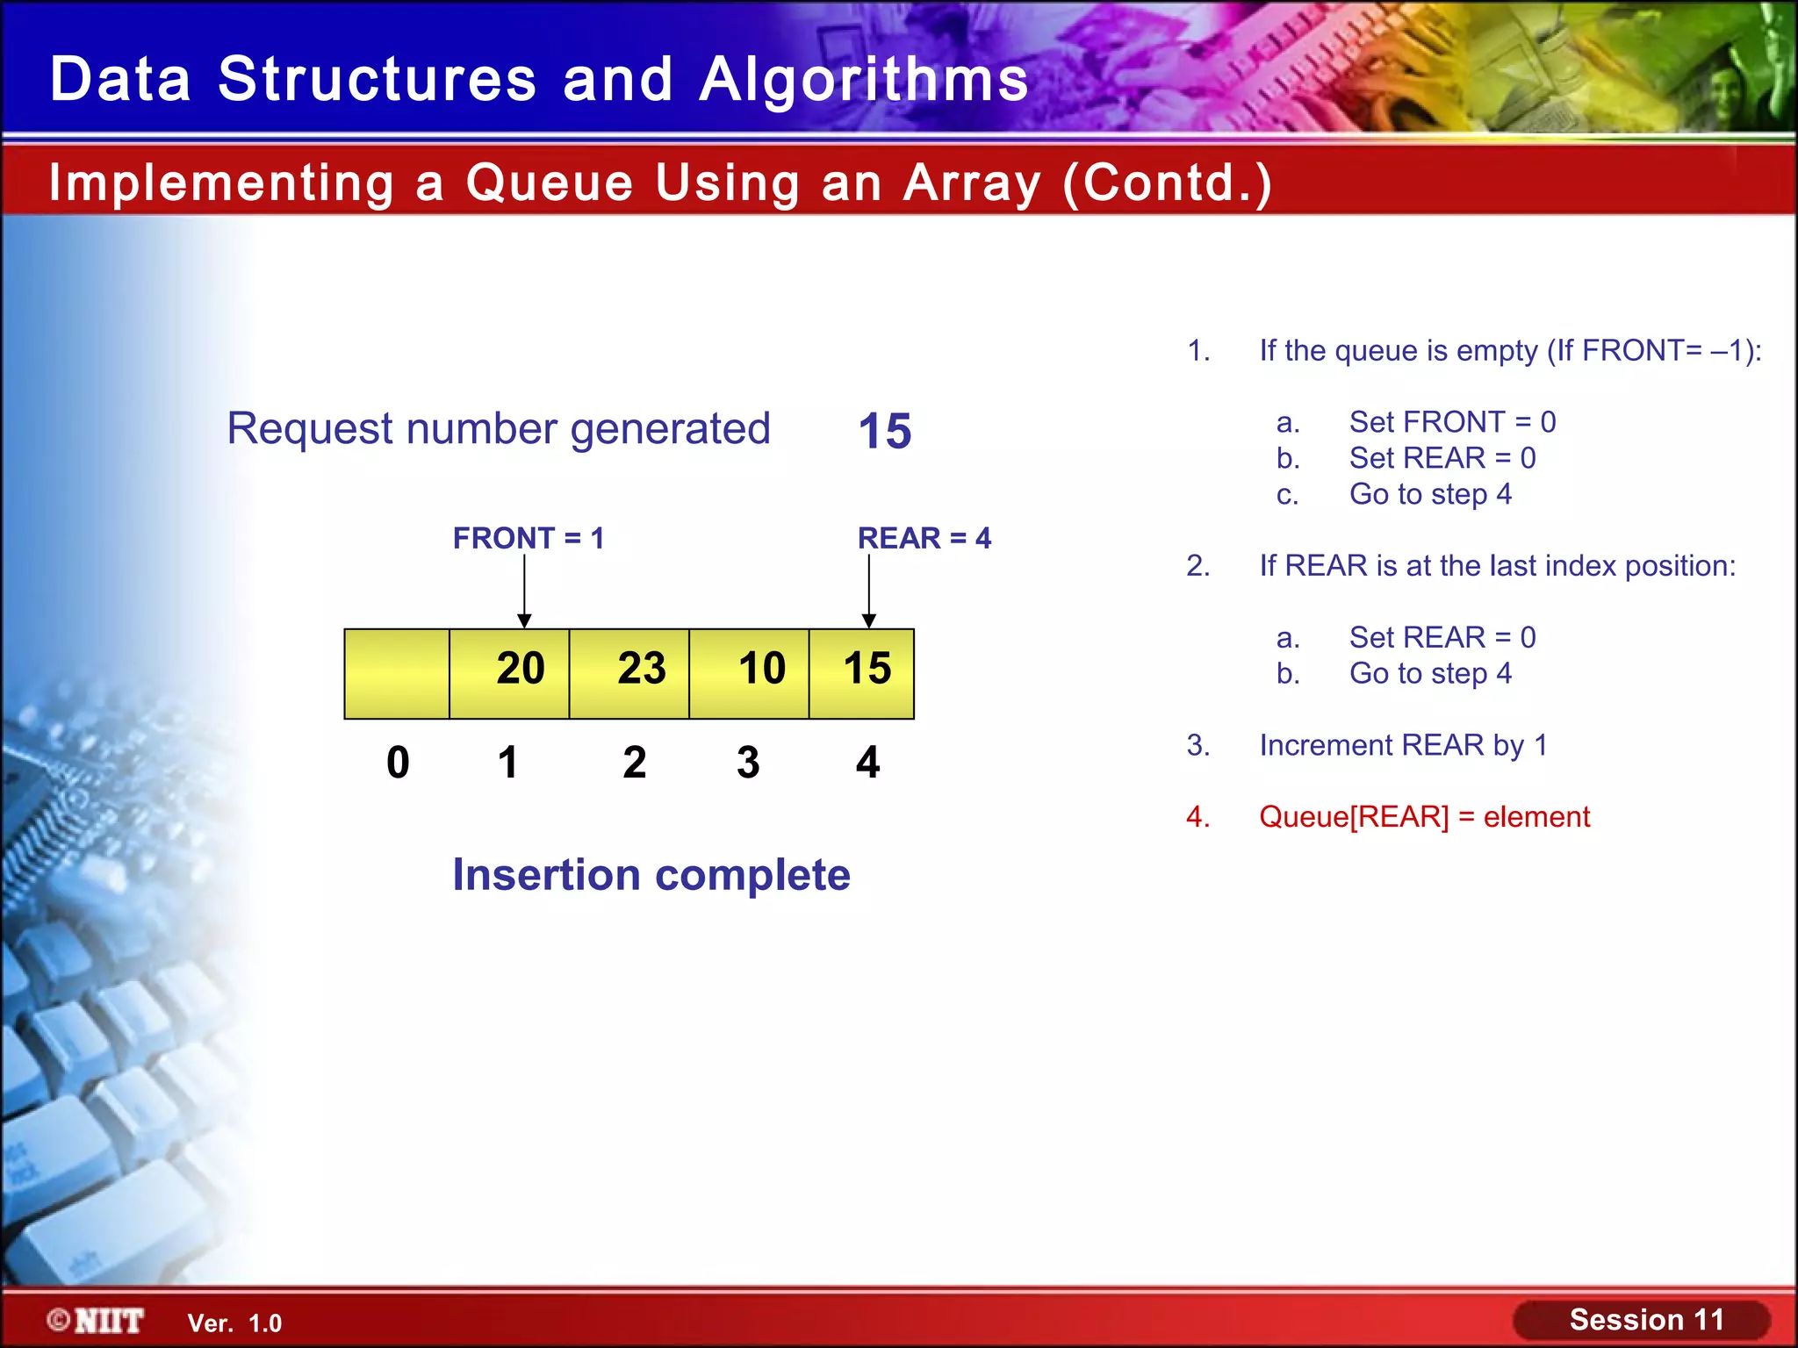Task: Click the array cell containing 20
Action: (x=510, y=673)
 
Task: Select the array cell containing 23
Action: (x=629, y=673)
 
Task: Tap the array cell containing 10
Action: (x=749, y=673)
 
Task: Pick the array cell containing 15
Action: (x=862, y=673)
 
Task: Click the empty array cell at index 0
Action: (x=397, y=673)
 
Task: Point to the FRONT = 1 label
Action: (x=529, y=538)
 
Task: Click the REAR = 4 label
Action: (x=924, y=538)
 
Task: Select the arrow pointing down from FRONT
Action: (x=524, y=591)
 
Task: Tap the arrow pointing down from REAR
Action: (x=869, y=591)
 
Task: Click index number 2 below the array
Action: (x=635, y=762)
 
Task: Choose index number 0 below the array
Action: (x=398, y=762)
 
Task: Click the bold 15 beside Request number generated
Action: (x=885, y=432)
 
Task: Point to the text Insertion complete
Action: (x=651, y=875)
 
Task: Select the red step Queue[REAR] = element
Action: (x=1424, y=817)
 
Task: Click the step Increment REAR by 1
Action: (x=1403, y=745)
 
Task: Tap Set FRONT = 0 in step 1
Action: (x=1452, y=422)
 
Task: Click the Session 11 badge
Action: (x=1644, y=1320)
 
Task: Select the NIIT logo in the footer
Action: (x=97, y=1321)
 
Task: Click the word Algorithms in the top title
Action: (x=864, y=80)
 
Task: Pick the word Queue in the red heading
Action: (x=549, y=183)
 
